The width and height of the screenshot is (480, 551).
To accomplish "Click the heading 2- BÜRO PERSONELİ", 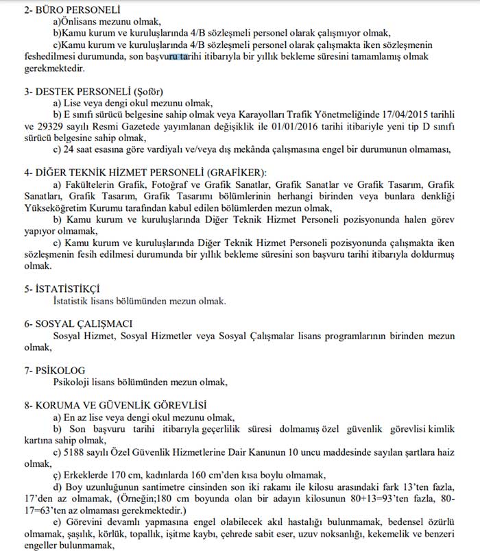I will [62, 10].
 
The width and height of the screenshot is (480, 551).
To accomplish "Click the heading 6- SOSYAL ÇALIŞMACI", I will [77, 323].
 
